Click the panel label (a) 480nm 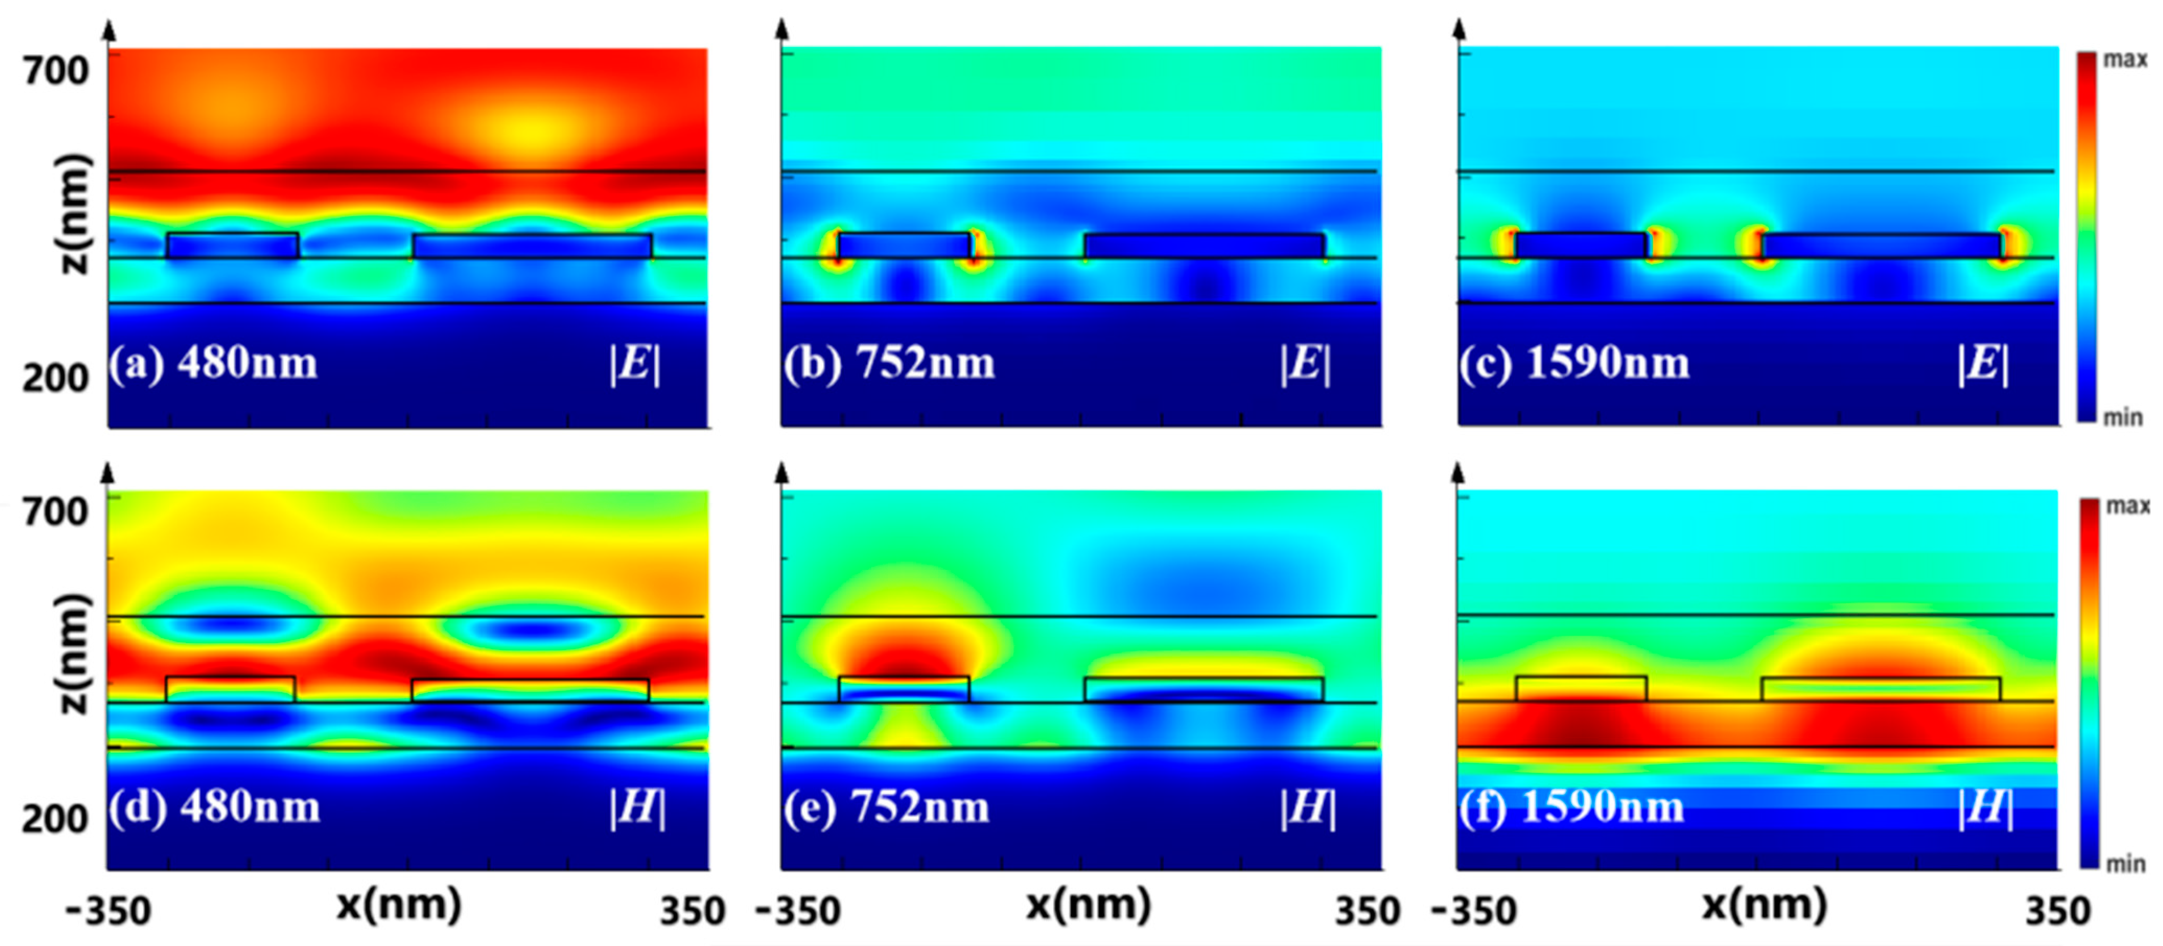213,364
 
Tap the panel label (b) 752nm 888,364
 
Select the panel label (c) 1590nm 1574,364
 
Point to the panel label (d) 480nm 214,808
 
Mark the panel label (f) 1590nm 1571,808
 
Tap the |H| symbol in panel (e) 1307,808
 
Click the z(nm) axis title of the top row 74,214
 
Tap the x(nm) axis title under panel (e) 1088,905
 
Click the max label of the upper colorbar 2124,60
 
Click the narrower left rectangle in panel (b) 904,245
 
